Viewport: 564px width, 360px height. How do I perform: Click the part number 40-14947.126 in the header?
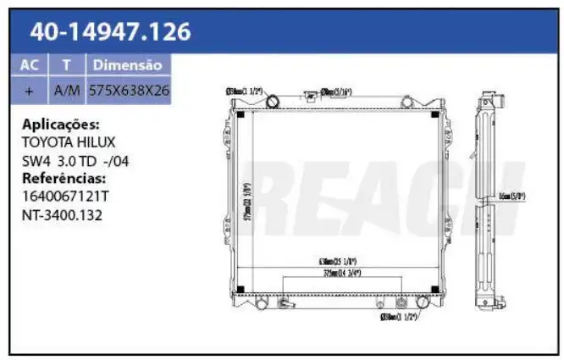tap(110, 32)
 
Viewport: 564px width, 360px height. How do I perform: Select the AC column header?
tap(30, 65)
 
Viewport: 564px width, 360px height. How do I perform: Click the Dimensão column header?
tap(127, 65)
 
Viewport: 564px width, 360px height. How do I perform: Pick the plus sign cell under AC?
tap(30, 89)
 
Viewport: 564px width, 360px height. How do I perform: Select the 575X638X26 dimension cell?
tap(129, 89)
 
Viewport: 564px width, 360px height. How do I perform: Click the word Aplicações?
tap(61, 123)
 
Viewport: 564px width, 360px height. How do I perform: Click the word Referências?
tap(64, 178)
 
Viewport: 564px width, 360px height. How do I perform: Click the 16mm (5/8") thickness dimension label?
tap(514, 197)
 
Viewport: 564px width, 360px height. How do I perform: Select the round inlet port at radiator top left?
tap(273, 102)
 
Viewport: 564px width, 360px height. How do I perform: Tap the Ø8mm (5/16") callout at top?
tap(335, 91)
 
